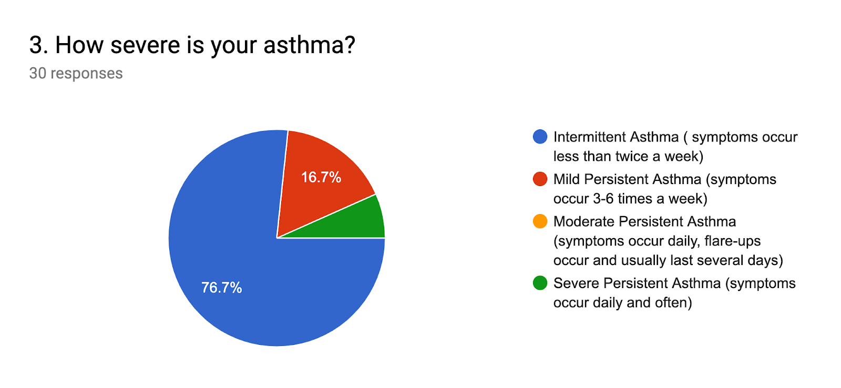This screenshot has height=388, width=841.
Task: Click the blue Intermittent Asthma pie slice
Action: coord(240,263)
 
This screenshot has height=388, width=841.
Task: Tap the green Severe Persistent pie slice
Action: coord(361,223)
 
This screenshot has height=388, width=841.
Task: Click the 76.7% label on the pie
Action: coord(221,288)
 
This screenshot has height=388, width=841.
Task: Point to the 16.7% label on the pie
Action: coord(321,177)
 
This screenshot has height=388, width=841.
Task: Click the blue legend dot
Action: coord(540,137)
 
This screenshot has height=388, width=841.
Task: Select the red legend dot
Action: coord(540,179)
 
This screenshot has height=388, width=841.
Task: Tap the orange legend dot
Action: coord(540,221)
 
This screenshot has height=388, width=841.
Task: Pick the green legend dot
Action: coord(540,283)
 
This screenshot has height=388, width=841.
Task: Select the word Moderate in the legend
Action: coord(584,222)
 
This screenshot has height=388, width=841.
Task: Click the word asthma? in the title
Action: coord(309,45)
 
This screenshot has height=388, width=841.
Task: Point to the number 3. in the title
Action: coord(39,45)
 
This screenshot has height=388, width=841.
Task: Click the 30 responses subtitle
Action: coord(76,73)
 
